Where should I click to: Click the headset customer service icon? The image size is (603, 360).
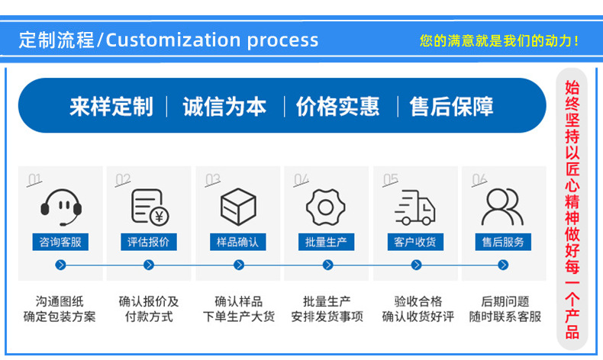pyautogui.click(x=61, y=207)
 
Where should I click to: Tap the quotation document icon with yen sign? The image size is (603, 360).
pyautogui.click(x=150, y=207)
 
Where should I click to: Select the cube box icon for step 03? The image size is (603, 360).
pyautogui.click(x=238, y=207)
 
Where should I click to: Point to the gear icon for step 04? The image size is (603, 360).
pyautogui.click(x=326, y=207)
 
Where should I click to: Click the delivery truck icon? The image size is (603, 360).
pyautogui.click(x=415, y=207)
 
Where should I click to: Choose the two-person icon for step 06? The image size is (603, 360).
pyautogui.click(x=503, y=207)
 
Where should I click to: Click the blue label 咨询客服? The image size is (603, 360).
pyautogui.click(x=60, y=242)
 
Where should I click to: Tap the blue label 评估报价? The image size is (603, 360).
pyautogui.click(x=149, y=242)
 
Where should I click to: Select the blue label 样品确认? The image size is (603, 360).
pyautogui.click(x=237, y=242)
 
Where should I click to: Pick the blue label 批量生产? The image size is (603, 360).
pyautogui.click(x=326, y=242)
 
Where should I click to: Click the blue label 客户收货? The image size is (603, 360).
pyautogui.click(x=415, y=242)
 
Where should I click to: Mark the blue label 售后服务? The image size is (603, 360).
pyautogui.click(x=503, y=242)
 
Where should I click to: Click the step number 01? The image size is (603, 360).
pyautogui.click(x=34, y=179)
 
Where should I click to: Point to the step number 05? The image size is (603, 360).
pyautogui.click(x=390, y=179)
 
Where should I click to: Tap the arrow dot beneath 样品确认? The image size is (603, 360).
pyautogui.click(x=239, y=265)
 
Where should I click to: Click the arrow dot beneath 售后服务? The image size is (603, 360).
pyautogui.click(x=503, y=265)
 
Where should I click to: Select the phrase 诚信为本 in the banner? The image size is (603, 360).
pyautogui.click(x=224, y=107)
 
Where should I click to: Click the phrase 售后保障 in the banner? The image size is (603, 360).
pyautogui.click(x=451, y=107)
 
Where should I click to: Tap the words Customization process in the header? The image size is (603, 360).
pyautogui.click(x=212, y=40)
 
